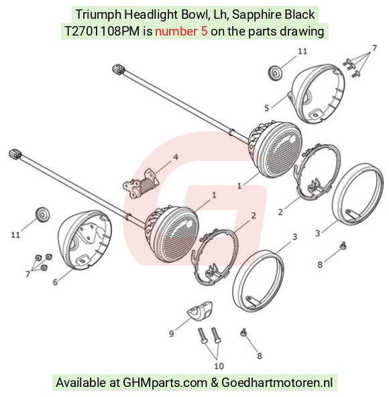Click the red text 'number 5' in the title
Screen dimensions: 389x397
(181, 32)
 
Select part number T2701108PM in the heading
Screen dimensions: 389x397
(102, 32)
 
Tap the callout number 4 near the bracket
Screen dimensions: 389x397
(176, 157)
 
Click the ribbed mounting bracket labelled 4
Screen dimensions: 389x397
(141, 183)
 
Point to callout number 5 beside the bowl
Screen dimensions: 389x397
(266, 108)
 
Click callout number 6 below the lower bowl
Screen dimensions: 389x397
(55, 282)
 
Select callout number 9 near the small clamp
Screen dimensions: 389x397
(172, 333)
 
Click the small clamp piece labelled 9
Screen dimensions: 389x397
(200, 310)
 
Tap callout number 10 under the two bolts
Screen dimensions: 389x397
(219, 366)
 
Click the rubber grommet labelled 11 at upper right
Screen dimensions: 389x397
(274, 73)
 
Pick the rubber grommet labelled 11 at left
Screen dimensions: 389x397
(43, 215)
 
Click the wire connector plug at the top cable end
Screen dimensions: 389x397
(118, 69)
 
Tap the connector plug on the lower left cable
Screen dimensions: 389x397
(15, 154)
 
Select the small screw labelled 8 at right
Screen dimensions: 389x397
(343, 245)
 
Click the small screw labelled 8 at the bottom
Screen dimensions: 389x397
(243, 333)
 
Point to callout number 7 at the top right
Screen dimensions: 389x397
(374, 48)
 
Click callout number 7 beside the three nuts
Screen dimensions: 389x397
(27, 274)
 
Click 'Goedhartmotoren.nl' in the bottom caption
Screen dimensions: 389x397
(277, 382)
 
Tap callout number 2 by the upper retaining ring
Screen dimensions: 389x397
(280, 212)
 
